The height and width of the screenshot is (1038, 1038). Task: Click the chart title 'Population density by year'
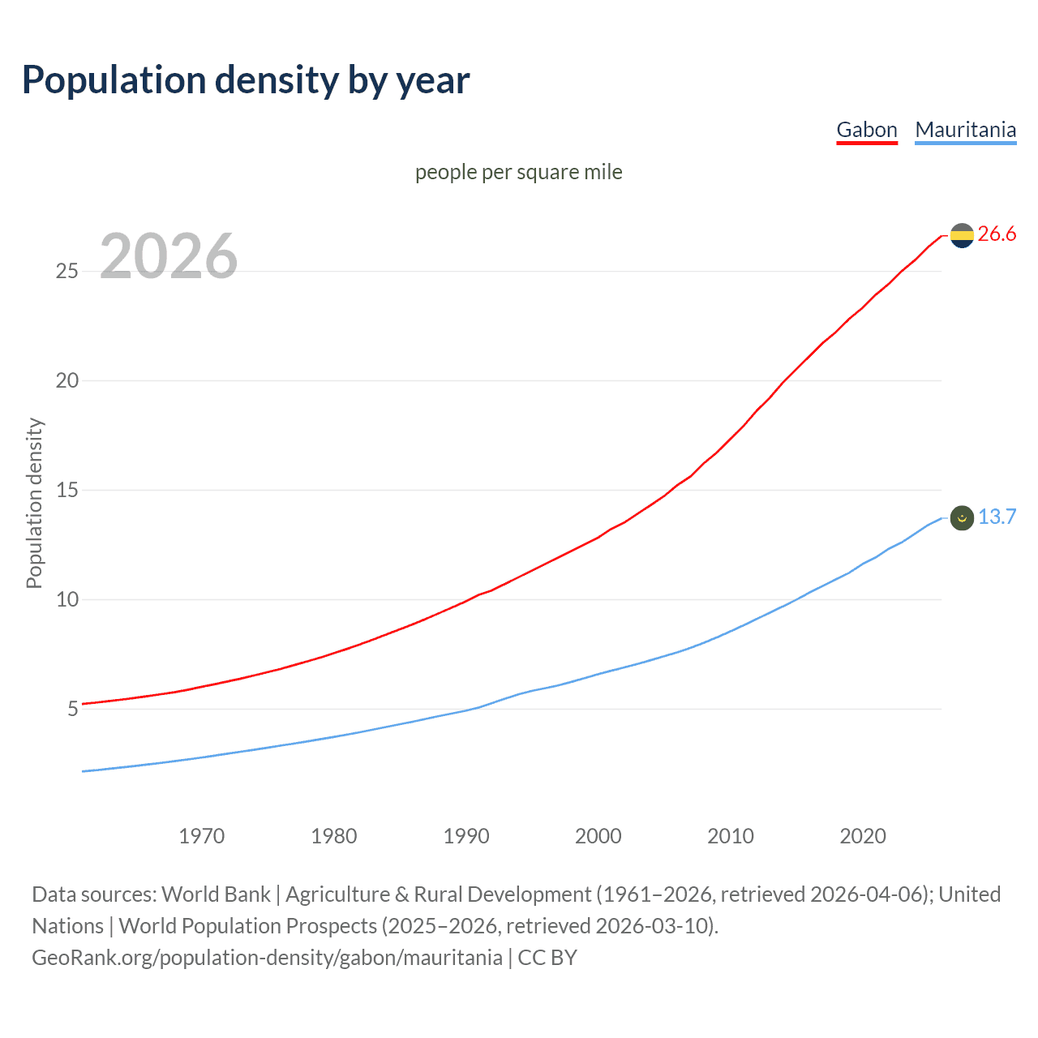[x=246, y=80]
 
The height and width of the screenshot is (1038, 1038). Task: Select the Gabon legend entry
[x=867, y=130]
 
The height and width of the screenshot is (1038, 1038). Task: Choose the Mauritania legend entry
[x=965, y=130]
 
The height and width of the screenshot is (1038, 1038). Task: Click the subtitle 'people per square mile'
[x=519, y=173]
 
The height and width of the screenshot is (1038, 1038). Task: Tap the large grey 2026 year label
[x=169, y=256]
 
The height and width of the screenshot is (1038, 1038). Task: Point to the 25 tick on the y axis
[x=66, y=271]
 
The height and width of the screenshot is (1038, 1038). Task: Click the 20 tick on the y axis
[x=66, y=380]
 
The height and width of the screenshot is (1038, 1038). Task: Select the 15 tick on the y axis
[x=66, y=490]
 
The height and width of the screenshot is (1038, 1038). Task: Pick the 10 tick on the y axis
[x=66, y=599]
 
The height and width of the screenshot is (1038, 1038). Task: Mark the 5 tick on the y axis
[x=73, y=709]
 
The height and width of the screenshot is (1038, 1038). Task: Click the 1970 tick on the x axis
[x=202, y=836]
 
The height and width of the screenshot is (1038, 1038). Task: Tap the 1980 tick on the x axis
[x=334, y=836]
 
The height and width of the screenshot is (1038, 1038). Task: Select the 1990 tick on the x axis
[x=466, y=836]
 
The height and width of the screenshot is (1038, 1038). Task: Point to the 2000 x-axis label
[x=598, y=836]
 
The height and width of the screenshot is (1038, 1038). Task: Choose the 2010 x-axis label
[x=731, y=836]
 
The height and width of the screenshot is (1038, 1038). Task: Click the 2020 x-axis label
[x=863, y=836]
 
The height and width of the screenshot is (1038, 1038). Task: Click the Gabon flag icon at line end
[x=962, y=235]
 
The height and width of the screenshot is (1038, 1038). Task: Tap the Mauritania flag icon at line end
[x=962, y=517]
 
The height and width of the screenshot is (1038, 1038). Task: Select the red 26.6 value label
[x=997, y=234]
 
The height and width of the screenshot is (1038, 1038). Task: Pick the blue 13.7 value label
[x=997, y=517]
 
